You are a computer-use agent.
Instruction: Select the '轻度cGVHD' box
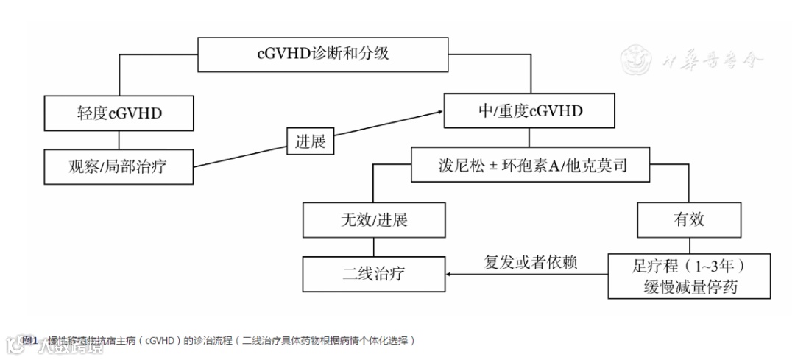click(x=119, y=113)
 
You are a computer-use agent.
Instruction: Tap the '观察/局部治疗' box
click(x=119, y=166)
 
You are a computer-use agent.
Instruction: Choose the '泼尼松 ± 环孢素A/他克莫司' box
click(x=529, y=165)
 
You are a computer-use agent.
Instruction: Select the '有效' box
click(x=689, y=219)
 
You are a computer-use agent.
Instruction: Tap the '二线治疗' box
click(x=374, y=274)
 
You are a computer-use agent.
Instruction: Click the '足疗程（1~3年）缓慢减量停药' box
click(x=689, y=275)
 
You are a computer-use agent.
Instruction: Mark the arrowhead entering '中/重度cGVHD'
click(x=439, y=112)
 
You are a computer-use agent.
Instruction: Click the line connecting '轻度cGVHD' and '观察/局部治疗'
click(x=119, y=139)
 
